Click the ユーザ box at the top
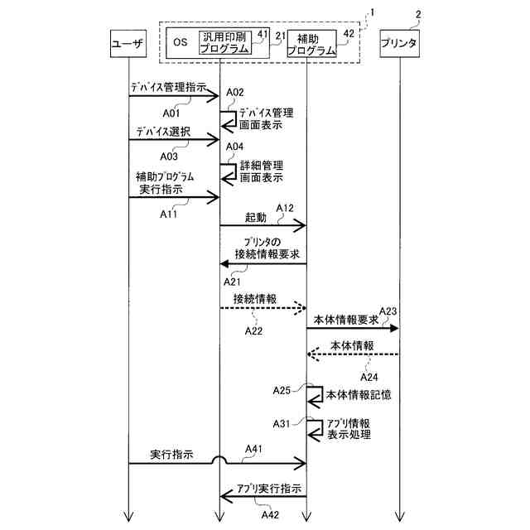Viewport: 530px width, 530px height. coord(128,42)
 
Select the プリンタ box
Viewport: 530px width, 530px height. coord(398,42)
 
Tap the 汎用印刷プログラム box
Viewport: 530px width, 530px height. coord(224,42)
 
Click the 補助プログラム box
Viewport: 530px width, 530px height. coord(312,43)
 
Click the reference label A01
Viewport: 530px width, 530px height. coord(171,112)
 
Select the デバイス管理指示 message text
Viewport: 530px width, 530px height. coord(168,86)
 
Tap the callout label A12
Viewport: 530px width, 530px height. coord(285,207)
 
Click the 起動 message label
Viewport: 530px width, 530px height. coord(256,217)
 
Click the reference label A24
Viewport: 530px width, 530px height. coord(369,376)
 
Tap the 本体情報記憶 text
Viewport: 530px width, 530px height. coord(359,394)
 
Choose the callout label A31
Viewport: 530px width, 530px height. coord(282,423)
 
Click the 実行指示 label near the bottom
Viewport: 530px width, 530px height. coord(172,455)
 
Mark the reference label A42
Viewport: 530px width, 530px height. coord(271,515)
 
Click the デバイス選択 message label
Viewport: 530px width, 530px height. coord(160,132)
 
